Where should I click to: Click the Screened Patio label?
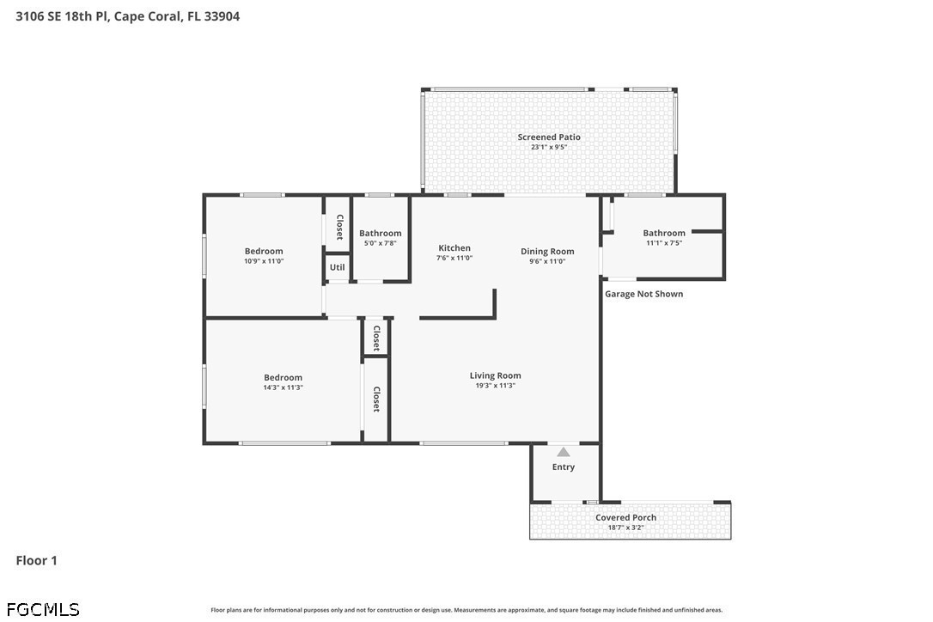click(549, 137)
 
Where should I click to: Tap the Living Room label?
click(495, 375)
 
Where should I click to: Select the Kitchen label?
click(454, 248)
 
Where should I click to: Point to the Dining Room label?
click(547, 252)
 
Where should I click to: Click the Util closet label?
click(338, 267)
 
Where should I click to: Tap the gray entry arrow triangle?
click(564, 452)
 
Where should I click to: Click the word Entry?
click(564, 467)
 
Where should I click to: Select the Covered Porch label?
click(626, 518)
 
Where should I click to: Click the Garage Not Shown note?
click(643, 294)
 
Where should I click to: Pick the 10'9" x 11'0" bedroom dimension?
click(264, 260)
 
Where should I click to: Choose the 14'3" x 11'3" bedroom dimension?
click(284, 387)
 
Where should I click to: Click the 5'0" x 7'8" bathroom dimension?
click(381, 243)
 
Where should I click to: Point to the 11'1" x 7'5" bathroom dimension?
click(664, 243)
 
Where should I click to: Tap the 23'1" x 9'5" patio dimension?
click(549, 147)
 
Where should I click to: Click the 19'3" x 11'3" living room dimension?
click(495, 386)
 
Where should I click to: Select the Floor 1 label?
click(36, 561)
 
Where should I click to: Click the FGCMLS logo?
click(43, 609)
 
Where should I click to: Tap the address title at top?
click(128, 16)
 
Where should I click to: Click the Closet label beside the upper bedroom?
click(339, 227)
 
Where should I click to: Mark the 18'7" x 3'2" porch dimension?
click(626, 527)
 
